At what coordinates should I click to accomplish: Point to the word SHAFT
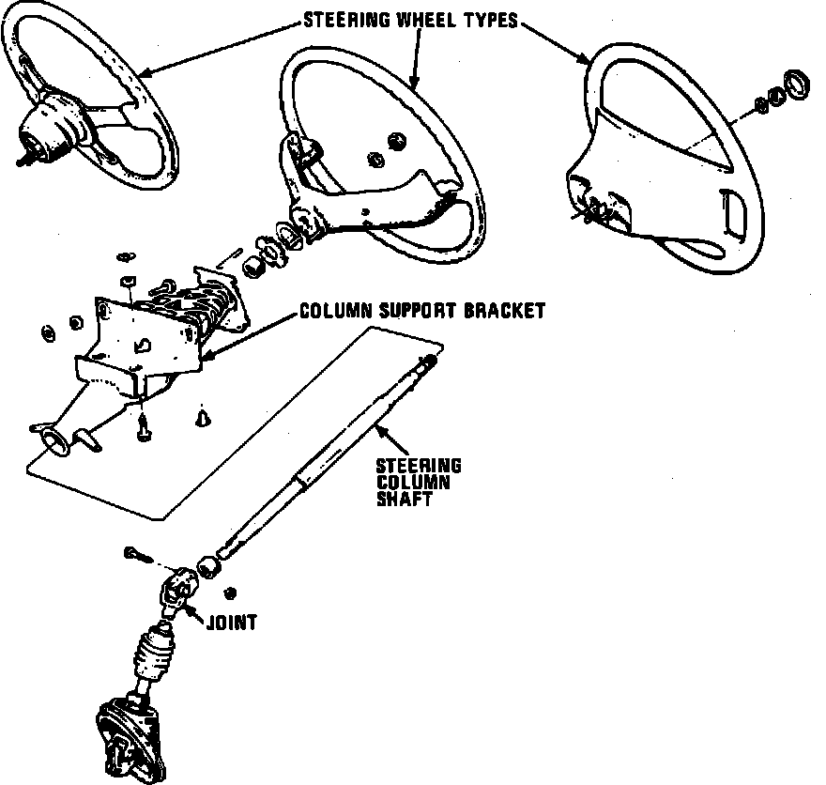pyautogui.click(x=403, y=500)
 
